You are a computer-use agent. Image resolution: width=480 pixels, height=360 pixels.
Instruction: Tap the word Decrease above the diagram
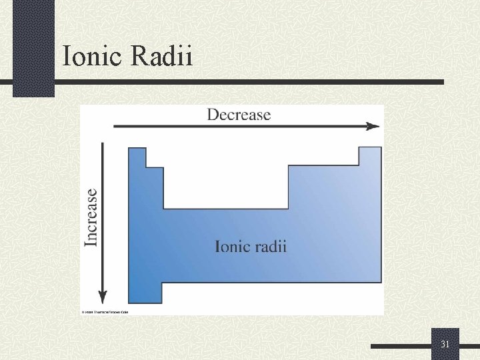(239, 115)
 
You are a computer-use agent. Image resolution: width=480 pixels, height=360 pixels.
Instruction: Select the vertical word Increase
(91, 217)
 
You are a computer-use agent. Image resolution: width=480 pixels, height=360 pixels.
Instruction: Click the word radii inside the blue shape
(270, 246)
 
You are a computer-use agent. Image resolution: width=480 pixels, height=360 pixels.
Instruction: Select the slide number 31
(445, 344)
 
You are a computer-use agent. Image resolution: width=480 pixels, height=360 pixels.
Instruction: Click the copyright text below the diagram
(106, 312)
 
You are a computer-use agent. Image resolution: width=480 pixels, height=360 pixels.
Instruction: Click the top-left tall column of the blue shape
(137, 160)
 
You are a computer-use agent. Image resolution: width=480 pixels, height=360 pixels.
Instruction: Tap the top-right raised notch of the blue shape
(370, 157)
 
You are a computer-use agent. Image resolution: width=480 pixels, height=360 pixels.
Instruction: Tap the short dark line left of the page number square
(401, 347)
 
